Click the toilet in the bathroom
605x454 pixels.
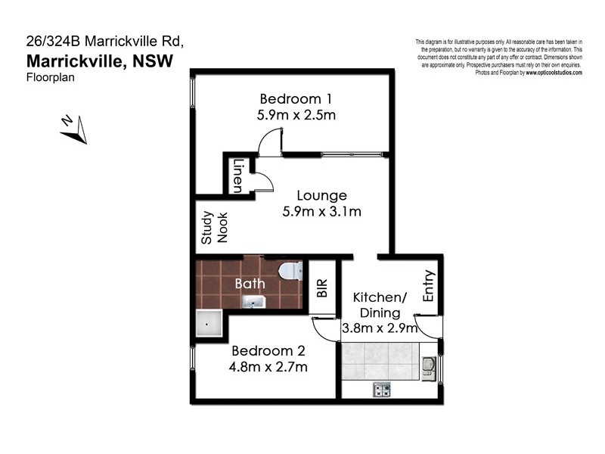[290, 270]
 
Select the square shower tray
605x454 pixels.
[208, 324]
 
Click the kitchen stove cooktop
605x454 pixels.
[382, 390]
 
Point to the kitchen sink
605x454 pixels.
[429, 367]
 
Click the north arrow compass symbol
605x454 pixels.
[73, 129]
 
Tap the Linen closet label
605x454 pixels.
[237, 175]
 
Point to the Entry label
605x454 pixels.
[429, 287]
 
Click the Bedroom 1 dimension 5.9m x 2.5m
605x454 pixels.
[296, 116]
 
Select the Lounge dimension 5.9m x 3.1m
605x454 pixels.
[321, 212]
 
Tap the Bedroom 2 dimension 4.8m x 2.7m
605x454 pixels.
[268, 368]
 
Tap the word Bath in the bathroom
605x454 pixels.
[249, 284]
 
